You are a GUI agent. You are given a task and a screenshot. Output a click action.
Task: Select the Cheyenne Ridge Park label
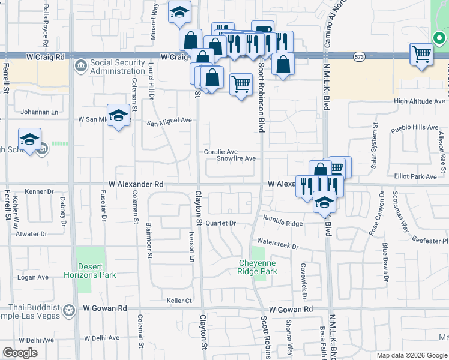(x=258, y=267)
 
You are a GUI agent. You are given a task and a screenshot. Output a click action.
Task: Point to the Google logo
(x=20, y=352)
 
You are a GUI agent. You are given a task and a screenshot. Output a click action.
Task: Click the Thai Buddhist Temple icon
(x=69, y=310)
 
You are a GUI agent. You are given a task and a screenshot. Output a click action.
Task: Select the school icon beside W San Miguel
(x=119, y=115)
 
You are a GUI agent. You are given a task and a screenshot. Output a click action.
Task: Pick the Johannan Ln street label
(x=37, y=111)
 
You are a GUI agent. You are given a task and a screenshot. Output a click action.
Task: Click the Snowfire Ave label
(x=237, y=159)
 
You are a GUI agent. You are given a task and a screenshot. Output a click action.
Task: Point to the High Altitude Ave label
(x=420, y=101)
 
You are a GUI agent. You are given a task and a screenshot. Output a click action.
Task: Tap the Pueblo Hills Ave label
(x=415, y=128)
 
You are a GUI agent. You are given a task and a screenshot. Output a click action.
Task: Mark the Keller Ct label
(x=179, y=301)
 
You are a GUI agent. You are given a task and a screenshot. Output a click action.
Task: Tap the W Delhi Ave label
(x=102, y=339)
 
